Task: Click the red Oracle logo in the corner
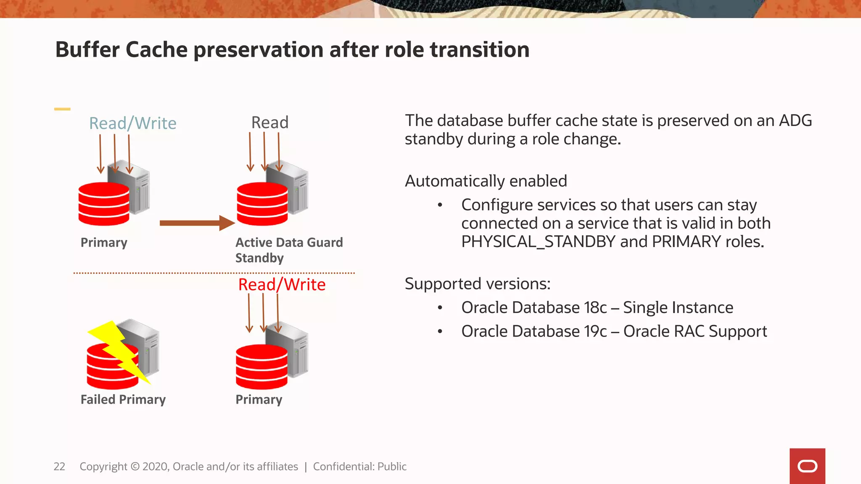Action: click(x=807, y=466)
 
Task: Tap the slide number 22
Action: click(x=59, y=466)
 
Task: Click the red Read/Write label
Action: click(x=282, y=284)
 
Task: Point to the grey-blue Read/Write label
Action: click(x=132, y=123)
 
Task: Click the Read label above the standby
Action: click(x=270, y=122)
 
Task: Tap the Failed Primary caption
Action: click(x=123, y=399)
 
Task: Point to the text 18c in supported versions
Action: click(x=595, y=308)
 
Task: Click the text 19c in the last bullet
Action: click(x=595, y=331)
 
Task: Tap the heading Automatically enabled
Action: click(x=486, y=181)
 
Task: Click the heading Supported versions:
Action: click(x=477, y=284)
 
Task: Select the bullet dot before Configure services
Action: click(x=440, y=205)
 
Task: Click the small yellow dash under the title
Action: click(x=62, y=109)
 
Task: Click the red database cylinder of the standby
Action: click(x=262, y=204)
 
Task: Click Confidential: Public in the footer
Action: click(x=359, y=466)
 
